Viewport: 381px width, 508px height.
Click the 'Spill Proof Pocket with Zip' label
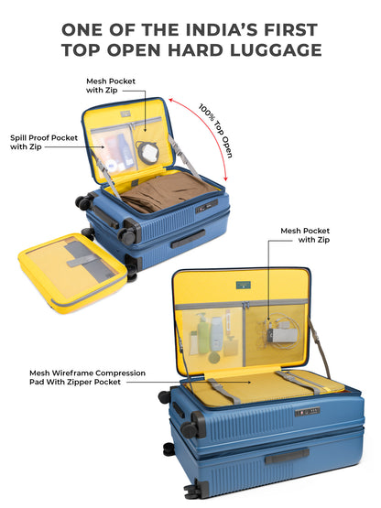pyautogui.click(x=43, y=142)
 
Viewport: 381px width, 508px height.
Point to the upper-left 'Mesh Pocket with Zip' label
pyautogui.click(x=111, y=86)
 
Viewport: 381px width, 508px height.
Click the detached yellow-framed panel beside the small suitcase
pyautogui.click(x=72, y=269)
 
